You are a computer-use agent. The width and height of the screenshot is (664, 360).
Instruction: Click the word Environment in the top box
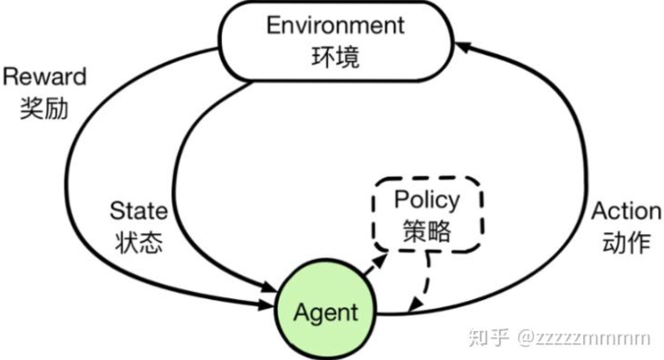point(335,26)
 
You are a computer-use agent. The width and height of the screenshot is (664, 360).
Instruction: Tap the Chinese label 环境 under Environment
point(335,57)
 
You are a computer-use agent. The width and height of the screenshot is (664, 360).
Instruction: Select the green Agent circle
point(326,312)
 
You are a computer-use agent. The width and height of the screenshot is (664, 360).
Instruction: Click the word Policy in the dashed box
point(427,200)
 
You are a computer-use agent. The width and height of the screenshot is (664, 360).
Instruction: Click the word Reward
point(44,77)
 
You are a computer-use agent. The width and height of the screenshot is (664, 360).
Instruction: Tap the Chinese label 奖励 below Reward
point(44,109)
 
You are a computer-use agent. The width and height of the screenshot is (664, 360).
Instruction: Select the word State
point(139,212)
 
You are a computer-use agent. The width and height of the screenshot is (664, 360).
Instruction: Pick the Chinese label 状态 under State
point(139,243)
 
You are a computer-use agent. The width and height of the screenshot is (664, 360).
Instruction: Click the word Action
point(626,212)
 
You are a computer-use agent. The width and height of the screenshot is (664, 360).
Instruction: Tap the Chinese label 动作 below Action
point(626,243)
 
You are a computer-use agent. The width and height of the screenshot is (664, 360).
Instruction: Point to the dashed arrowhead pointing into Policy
point(383,257)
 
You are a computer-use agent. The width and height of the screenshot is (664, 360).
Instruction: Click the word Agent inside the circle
point(326,313)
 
